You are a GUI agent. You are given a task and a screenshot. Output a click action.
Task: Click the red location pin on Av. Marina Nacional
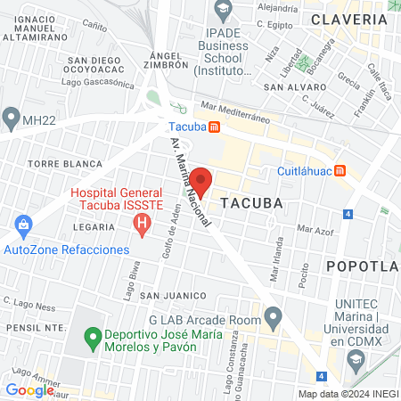coord(200,182)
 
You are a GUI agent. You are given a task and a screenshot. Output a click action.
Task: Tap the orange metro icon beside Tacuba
coord(215,127)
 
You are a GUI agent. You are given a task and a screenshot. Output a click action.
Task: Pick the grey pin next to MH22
coord(11,117)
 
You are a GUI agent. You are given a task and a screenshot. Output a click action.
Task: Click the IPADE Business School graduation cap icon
coord(222,10)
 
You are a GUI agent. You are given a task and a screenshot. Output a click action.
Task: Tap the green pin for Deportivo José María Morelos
coord(91,339)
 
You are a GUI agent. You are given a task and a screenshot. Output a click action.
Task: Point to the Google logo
coord(29,389)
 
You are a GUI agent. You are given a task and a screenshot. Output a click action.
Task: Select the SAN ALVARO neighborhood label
coord(287,86)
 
